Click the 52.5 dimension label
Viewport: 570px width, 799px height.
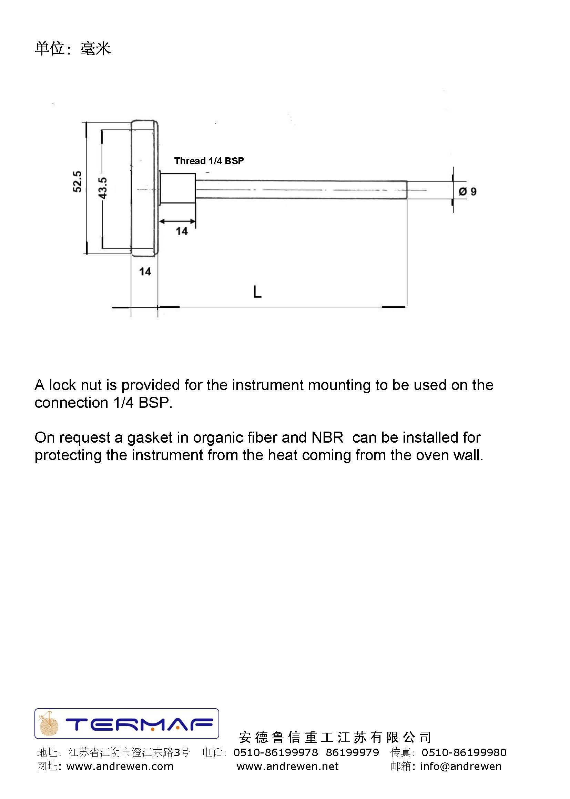[x=77, y=181]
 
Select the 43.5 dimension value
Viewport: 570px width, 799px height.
[x=102, y=188]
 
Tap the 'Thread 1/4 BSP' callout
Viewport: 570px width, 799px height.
[x=209, y=161]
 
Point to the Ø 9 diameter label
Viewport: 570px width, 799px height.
[x=468, y=191]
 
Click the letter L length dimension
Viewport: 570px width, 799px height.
[x=257, y=292]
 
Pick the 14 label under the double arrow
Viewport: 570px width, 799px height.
[x=182, y=231]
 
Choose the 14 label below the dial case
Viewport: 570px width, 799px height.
[x=145, y=272]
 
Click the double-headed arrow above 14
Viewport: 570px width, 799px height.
[x=177, y=221]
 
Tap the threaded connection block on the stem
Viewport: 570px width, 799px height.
[x=178, y=188]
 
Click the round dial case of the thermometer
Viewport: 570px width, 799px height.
[x=144, y=188]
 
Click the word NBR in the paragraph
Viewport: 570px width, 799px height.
[x=327, y=438]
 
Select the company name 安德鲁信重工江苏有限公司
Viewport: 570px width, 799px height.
[x=335, y=737]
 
